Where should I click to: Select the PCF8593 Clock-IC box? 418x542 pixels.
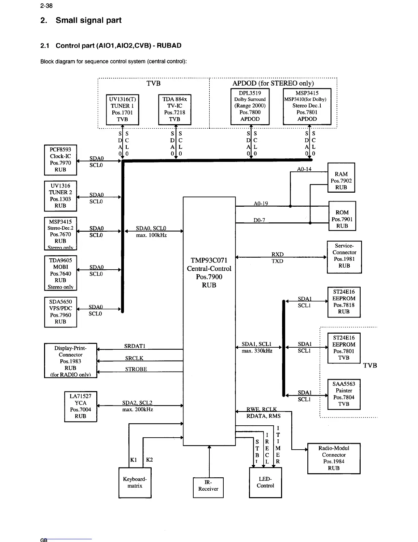60,160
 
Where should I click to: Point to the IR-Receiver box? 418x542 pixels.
208,486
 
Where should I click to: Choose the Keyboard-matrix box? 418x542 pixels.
135,482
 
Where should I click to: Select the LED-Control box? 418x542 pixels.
265,482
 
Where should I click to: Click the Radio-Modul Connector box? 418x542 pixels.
334,458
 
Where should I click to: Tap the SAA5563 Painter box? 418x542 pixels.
344,394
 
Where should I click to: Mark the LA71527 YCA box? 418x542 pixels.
81,406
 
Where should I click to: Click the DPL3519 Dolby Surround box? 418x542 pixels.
250,106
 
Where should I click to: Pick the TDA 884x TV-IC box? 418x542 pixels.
175,109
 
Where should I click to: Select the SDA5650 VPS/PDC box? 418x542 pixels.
60,312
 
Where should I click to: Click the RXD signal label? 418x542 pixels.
277,254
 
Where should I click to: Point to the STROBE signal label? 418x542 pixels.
136,369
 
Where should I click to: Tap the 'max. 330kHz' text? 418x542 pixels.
257,351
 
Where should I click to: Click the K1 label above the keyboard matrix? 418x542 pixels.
134,460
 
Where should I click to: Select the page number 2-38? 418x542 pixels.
46,6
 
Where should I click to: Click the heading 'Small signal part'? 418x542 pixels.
88,21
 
